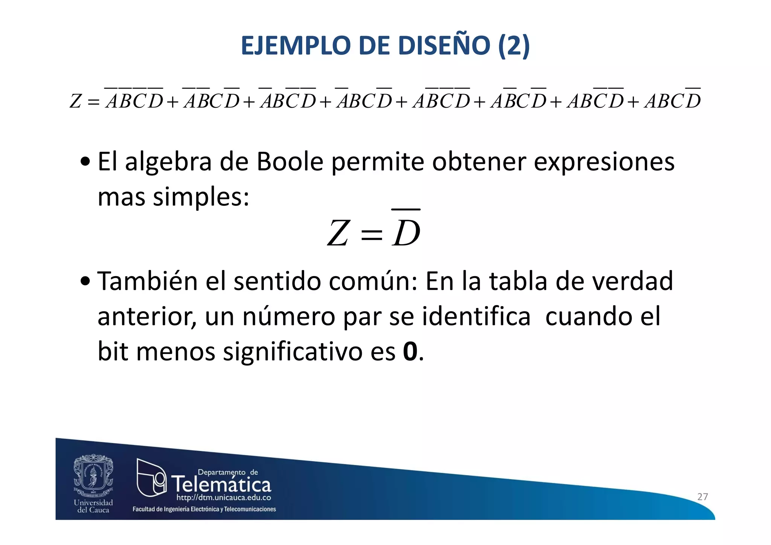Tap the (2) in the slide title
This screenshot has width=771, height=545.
(514, 46)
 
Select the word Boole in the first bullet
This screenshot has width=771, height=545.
(290, 162)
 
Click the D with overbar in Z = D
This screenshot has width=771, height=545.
(406, 233)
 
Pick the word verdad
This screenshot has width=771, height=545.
(632, 281)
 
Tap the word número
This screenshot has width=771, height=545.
(289, 316)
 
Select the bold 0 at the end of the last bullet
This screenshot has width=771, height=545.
(410, 351)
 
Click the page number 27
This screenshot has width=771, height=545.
(702, 497)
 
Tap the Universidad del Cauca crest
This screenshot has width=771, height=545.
(93, 475)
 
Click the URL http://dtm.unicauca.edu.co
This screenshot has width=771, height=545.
(224, 498)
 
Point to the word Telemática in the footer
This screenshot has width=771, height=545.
(221, 484)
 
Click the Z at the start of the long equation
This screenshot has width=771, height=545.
(76, 101)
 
